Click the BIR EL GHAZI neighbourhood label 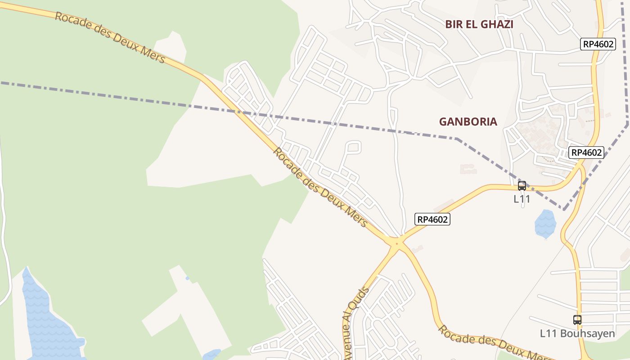click(479, 24)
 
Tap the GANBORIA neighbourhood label click(468, 121)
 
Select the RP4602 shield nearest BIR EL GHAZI click(598, 44)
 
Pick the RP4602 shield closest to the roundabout click(432, 219)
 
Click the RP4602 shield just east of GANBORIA click(586, 152)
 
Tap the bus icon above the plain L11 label click(522, 185)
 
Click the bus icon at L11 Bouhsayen click(577, 320)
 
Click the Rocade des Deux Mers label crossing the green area click(110, 37)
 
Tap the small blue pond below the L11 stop click(545, 224)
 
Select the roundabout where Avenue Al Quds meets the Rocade click(396, 243)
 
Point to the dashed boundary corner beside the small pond click(564, 209)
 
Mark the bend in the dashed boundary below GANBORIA click(456, 139)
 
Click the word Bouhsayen click(587, 333)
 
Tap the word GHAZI click(496, 24)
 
